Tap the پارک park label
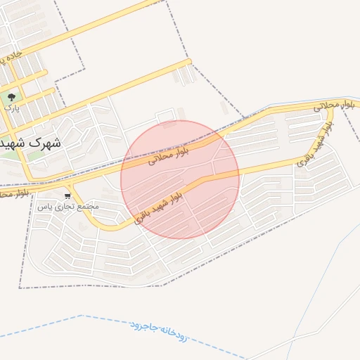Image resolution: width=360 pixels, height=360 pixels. [x=11, y=108]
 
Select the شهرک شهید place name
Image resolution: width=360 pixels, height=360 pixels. [x=31, y=143]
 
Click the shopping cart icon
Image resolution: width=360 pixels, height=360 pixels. [x=67, y=196]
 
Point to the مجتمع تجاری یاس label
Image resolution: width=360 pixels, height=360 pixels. [x=67, y=207]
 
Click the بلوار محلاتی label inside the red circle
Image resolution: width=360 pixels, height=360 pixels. [x=169, y=153]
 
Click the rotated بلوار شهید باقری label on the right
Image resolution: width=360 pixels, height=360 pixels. [x=314, y=144]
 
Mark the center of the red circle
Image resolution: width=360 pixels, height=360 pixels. [x=180, y=179]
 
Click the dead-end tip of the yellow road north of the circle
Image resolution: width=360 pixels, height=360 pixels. [x=188, y=62]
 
